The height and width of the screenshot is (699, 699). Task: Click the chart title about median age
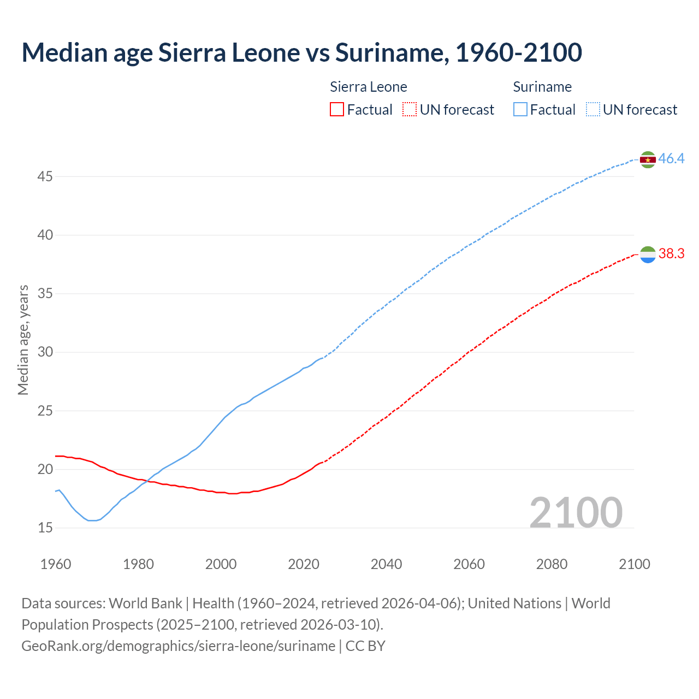pyautogui.click(x=301, y=52)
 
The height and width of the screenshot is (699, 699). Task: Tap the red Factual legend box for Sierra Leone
pyautogui.click(x=337, y=110)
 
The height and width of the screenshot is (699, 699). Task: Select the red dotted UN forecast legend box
pyautogui.click(x=410, y=110)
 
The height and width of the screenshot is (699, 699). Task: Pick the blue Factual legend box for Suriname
pyautogui.click(x=520, y=110)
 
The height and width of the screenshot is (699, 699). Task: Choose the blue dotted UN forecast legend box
pyautogui.click(x=593, y=110)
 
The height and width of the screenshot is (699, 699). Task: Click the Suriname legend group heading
pyautogui.click(x=542, y=87)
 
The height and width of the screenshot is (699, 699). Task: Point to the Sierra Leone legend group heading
pyautogui.click(x=369, y=87)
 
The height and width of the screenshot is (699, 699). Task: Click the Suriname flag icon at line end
pyautogui.click(x=648, y=159)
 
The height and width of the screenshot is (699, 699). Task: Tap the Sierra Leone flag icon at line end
pyautogui.click(x=648, y=254)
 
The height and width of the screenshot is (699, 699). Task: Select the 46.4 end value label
pyautogui.click(x=671, y=159)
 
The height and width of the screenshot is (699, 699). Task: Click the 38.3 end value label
pyautogui.click(x=671, y=254)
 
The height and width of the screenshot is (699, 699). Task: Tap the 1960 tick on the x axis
pyautogui.click(x=56, y=564)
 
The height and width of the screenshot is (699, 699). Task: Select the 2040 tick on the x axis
pyautogui.click(x=386, y=564)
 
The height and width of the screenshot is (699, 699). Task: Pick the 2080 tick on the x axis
pyautogui.click(x=552, y=564)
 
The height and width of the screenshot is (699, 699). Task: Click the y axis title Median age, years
pyautogui.click(x=23, y=340)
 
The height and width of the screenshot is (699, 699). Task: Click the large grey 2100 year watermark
pyautogui.click(x=576, y=512)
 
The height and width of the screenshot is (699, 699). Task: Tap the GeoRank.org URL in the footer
pyautogui.click(x=178, y=646)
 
